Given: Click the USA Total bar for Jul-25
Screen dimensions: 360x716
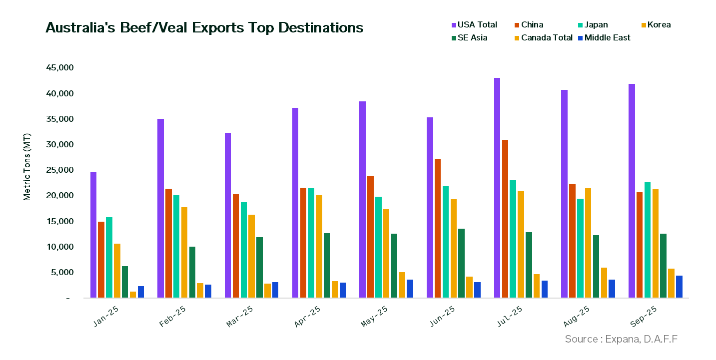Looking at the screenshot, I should tap(497, 188).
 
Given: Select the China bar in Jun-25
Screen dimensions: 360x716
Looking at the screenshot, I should tap(438, 228).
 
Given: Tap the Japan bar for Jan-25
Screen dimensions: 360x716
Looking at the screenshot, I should tap(109, 257).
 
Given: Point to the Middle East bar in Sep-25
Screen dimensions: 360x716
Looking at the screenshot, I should tap(679, 287).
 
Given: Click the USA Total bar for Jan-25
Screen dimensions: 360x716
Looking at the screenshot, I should tap(93, 235).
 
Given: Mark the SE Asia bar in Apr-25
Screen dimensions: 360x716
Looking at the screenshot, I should tap(326, 265).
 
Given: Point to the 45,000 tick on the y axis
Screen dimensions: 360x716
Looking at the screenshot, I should tap(59, 67).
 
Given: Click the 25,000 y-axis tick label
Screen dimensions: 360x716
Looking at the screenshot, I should tap(59, 170).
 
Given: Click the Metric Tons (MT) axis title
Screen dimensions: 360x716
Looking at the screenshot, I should tap(27, 167).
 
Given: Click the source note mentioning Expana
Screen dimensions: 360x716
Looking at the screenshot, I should tap(622, 339).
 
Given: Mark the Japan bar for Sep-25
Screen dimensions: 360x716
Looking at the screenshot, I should tap(647, 240).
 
